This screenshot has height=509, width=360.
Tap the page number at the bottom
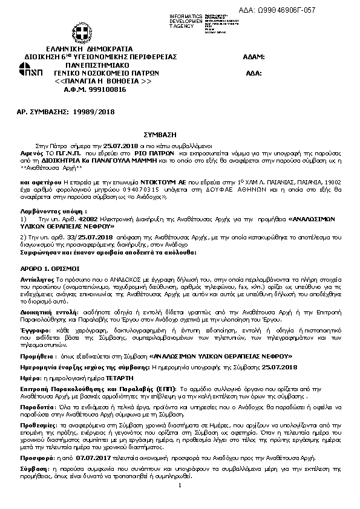(x=180, y=485)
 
